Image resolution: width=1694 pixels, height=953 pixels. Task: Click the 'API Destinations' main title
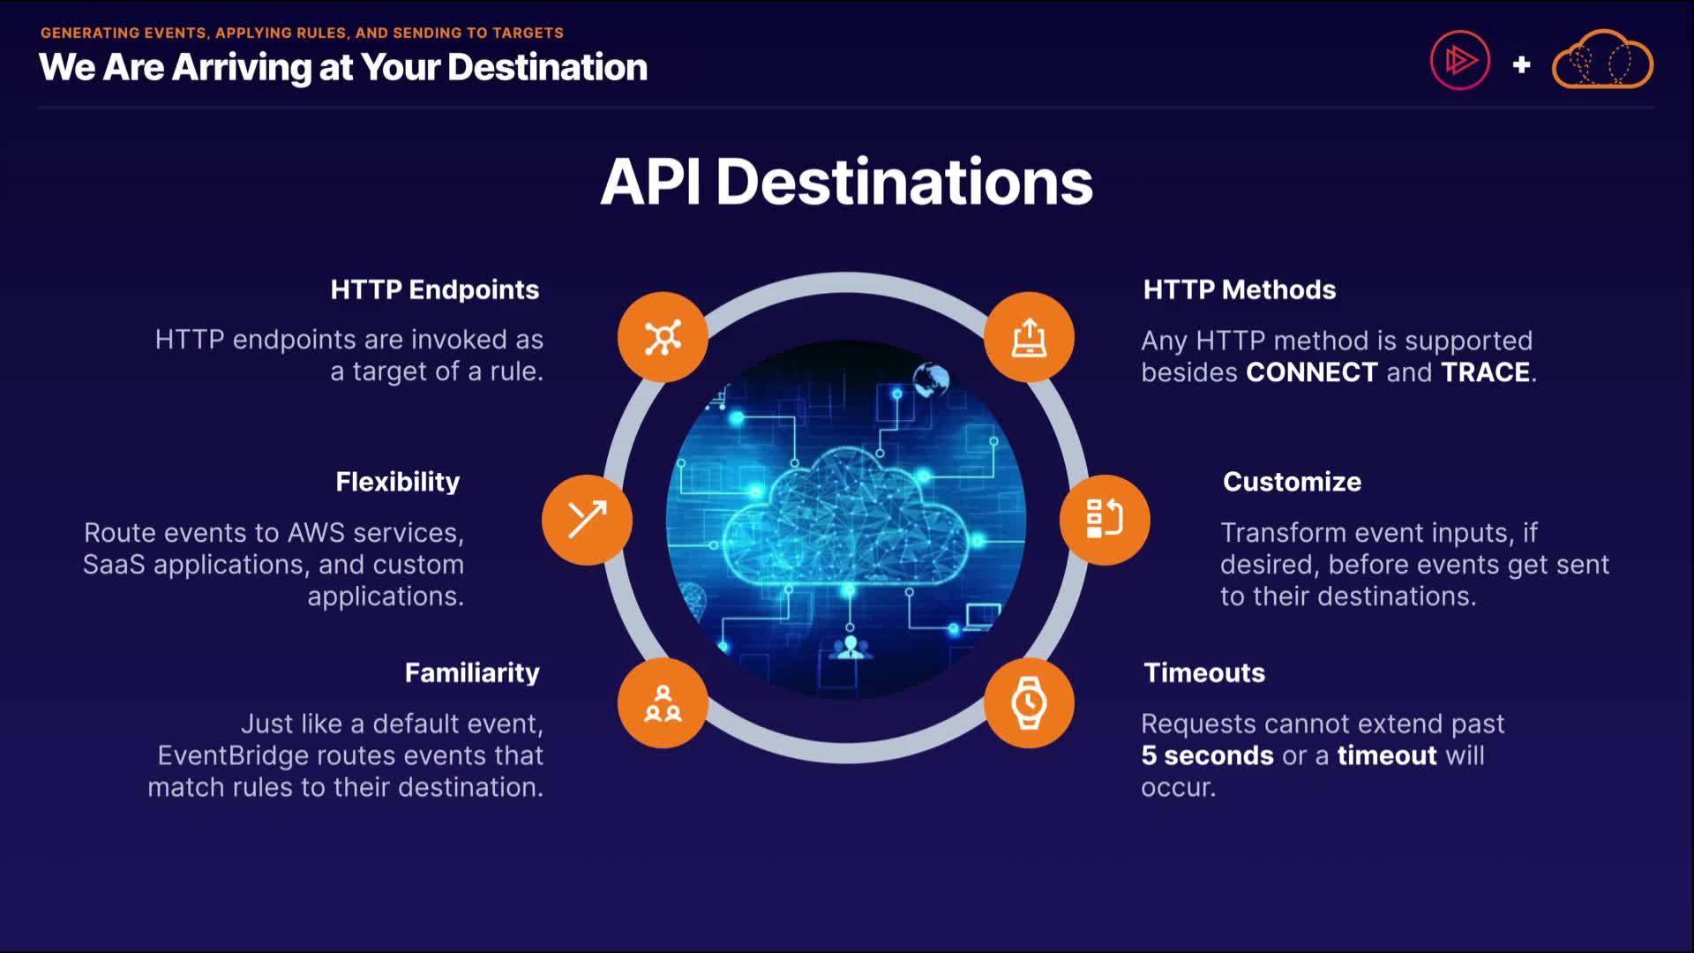846,183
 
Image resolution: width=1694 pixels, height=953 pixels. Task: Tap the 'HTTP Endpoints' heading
434,290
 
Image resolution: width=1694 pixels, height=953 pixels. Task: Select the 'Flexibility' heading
397,482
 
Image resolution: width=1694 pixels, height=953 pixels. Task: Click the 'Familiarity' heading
472,673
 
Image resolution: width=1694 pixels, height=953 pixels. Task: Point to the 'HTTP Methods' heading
1239,290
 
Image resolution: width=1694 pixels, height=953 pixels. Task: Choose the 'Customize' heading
1292,482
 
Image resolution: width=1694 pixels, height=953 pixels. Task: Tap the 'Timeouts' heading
1204,673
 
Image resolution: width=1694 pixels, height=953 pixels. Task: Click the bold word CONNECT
1311,372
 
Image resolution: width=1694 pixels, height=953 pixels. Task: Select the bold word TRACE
1485,372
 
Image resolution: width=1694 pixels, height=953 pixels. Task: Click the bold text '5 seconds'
1207,756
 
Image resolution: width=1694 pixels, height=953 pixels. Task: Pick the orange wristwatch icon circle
1029,703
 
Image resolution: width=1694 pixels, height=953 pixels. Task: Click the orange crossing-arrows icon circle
587,520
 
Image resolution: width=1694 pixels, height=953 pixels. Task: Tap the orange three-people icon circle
663,703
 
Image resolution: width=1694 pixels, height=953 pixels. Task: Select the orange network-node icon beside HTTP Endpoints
663,337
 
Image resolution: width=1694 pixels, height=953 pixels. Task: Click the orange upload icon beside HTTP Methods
1029,337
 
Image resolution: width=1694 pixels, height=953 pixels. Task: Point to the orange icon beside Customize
1105,520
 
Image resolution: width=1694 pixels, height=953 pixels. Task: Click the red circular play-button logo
1460,61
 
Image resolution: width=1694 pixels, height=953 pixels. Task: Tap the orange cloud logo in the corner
1602,61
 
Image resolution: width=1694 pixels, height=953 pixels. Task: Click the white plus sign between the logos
1521,64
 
